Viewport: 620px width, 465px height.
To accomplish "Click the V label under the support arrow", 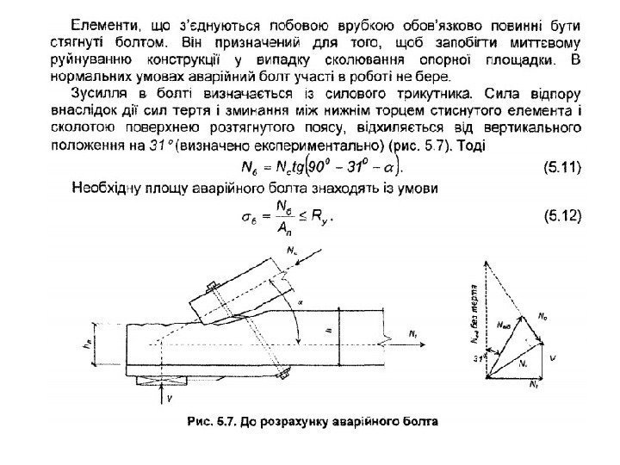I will (169, 399).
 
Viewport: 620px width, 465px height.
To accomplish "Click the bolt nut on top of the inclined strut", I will (211, 285).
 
